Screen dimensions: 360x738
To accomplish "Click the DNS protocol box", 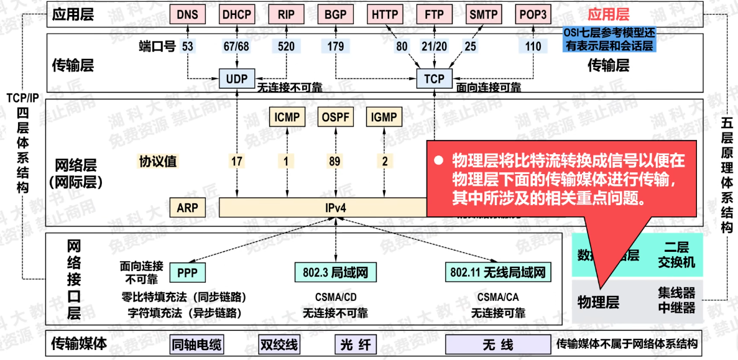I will (x=187, y=14).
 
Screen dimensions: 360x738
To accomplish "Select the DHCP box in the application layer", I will (x=237, y=14).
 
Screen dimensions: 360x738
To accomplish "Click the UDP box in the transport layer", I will (x=237, y=79).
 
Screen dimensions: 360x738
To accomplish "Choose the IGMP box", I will (x=385, y=116).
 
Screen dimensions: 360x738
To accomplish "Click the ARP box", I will (x=187, y=207).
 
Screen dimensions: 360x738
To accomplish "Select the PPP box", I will (x=187, y=272).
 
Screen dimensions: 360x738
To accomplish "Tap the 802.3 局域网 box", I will (x=336, y=272).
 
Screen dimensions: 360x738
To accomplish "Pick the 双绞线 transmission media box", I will (x=279, y=344).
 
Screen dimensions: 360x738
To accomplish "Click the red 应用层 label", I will (x=609, y=14).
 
